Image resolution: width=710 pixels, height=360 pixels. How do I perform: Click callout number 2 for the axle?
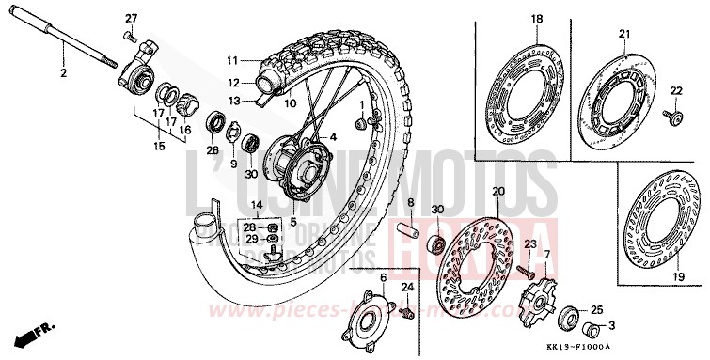click(x=64, y=72)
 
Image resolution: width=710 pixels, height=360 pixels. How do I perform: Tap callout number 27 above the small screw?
click(x=131, y=19)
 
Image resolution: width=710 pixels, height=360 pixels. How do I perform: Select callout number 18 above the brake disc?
click(x=537, y=19)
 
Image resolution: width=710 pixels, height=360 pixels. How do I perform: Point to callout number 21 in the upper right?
click(x=623, y=34)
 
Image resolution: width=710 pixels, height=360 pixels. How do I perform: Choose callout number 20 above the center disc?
click(x=498, y=193)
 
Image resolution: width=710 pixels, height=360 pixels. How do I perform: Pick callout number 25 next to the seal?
click(x=596, y=309)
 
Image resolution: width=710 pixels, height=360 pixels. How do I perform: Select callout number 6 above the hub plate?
click(x=384, y=278)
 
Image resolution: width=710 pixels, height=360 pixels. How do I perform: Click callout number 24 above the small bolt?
click(x=408, y=287)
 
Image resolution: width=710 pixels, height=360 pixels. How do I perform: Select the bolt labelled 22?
click(x=671, y=116)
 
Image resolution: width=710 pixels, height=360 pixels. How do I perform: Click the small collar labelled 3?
click(x=592, y=331)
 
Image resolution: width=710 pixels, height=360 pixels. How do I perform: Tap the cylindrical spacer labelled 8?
click(x=410, y=230)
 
